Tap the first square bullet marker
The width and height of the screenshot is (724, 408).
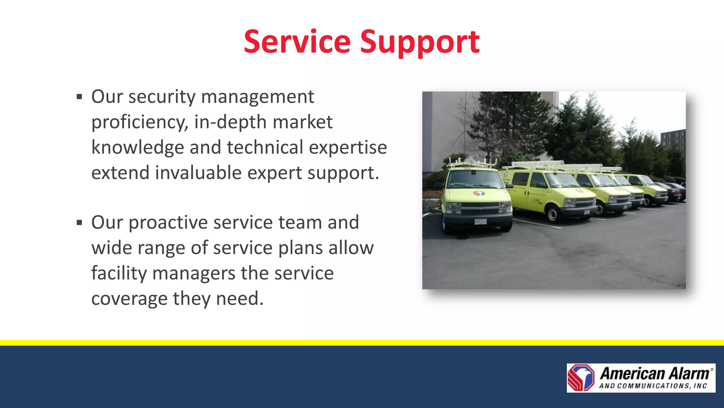79,97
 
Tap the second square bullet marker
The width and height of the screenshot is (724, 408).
79,223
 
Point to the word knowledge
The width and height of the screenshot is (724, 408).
138,148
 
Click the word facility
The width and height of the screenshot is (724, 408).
119,273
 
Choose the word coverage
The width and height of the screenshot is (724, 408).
129,299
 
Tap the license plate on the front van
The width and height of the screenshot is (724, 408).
480,221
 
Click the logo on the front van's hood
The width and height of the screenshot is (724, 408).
479,193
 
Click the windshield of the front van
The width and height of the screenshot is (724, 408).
474,179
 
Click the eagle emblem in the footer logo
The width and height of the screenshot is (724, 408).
581,378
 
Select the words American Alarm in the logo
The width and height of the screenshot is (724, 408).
654,373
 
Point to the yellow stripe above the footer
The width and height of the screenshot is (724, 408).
362,343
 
